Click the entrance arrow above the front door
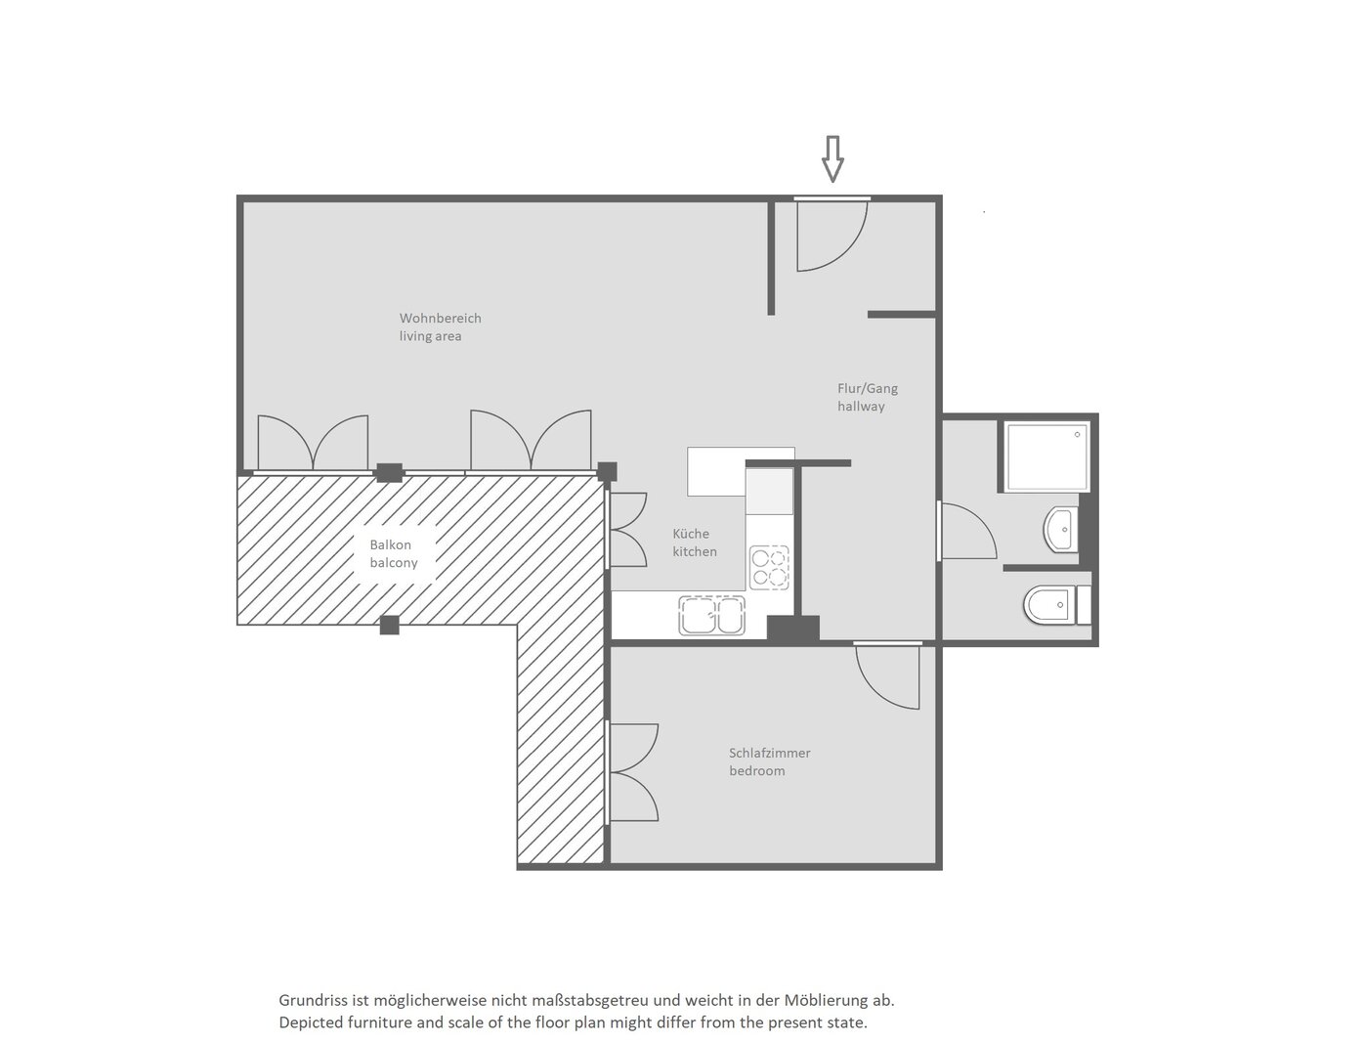[x=832, y=158]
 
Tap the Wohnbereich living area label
[x=440, y=327]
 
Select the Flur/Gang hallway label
[x=867, y=397]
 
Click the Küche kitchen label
[x=694, y=543]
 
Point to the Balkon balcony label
[x=393, y=553]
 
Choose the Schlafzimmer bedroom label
[x=769, y=761]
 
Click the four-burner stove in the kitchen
[x=769, y=567]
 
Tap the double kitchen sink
[x=711, y=615]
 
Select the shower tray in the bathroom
[x=1046, y=457]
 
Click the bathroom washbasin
[x=1060, y=530]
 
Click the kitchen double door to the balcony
[x=628, y=530]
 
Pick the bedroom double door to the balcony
[x=634, y=772]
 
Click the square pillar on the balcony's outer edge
[x=389, y=625]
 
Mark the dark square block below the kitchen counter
[x=792, y=628]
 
